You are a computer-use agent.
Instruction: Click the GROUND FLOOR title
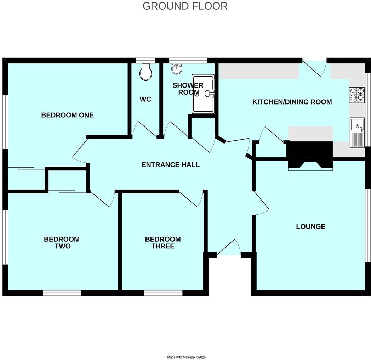(x=185, y=6)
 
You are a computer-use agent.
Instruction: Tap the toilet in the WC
(x=145, y=72)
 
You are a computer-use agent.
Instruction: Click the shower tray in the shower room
(x=203, y=94)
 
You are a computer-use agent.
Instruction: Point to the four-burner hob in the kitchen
(x=356, y=95)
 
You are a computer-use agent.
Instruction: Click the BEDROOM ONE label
(x=67, y=115)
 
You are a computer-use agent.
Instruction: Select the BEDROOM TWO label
(x=62, y=243)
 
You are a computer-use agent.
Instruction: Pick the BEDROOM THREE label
(x=163, y=243)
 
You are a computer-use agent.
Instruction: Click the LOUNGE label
(x=310, y=227)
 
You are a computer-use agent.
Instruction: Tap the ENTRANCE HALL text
(x=170, y=165)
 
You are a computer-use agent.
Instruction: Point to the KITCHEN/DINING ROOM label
(x=292, y=102)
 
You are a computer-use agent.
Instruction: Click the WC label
(x=145, y=100)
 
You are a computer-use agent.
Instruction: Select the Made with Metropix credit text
(x=186, y=357)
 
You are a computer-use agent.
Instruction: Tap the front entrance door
(x=228, y=248)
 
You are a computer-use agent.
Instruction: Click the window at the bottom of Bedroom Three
(x=163, y=293)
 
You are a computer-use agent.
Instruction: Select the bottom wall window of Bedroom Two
(x=62, y=293)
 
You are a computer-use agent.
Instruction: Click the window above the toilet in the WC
(x=145, y=60)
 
